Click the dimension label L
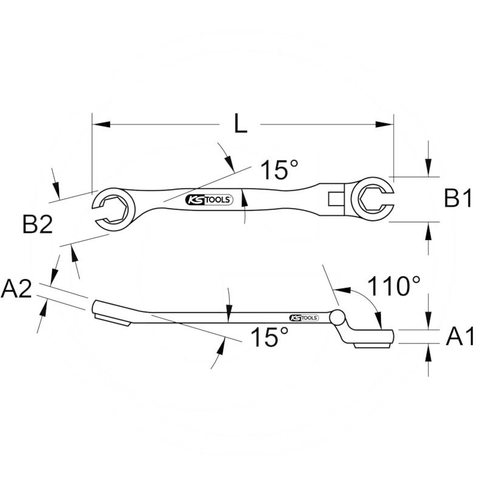(241, 125)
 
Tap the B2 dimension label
(38, 225)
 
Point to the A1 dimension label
(460, 336)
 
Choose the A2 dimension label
(16, 289)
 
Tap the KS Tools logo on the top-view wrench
(208, 200)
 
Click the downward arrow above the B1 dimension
(429, 168)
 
